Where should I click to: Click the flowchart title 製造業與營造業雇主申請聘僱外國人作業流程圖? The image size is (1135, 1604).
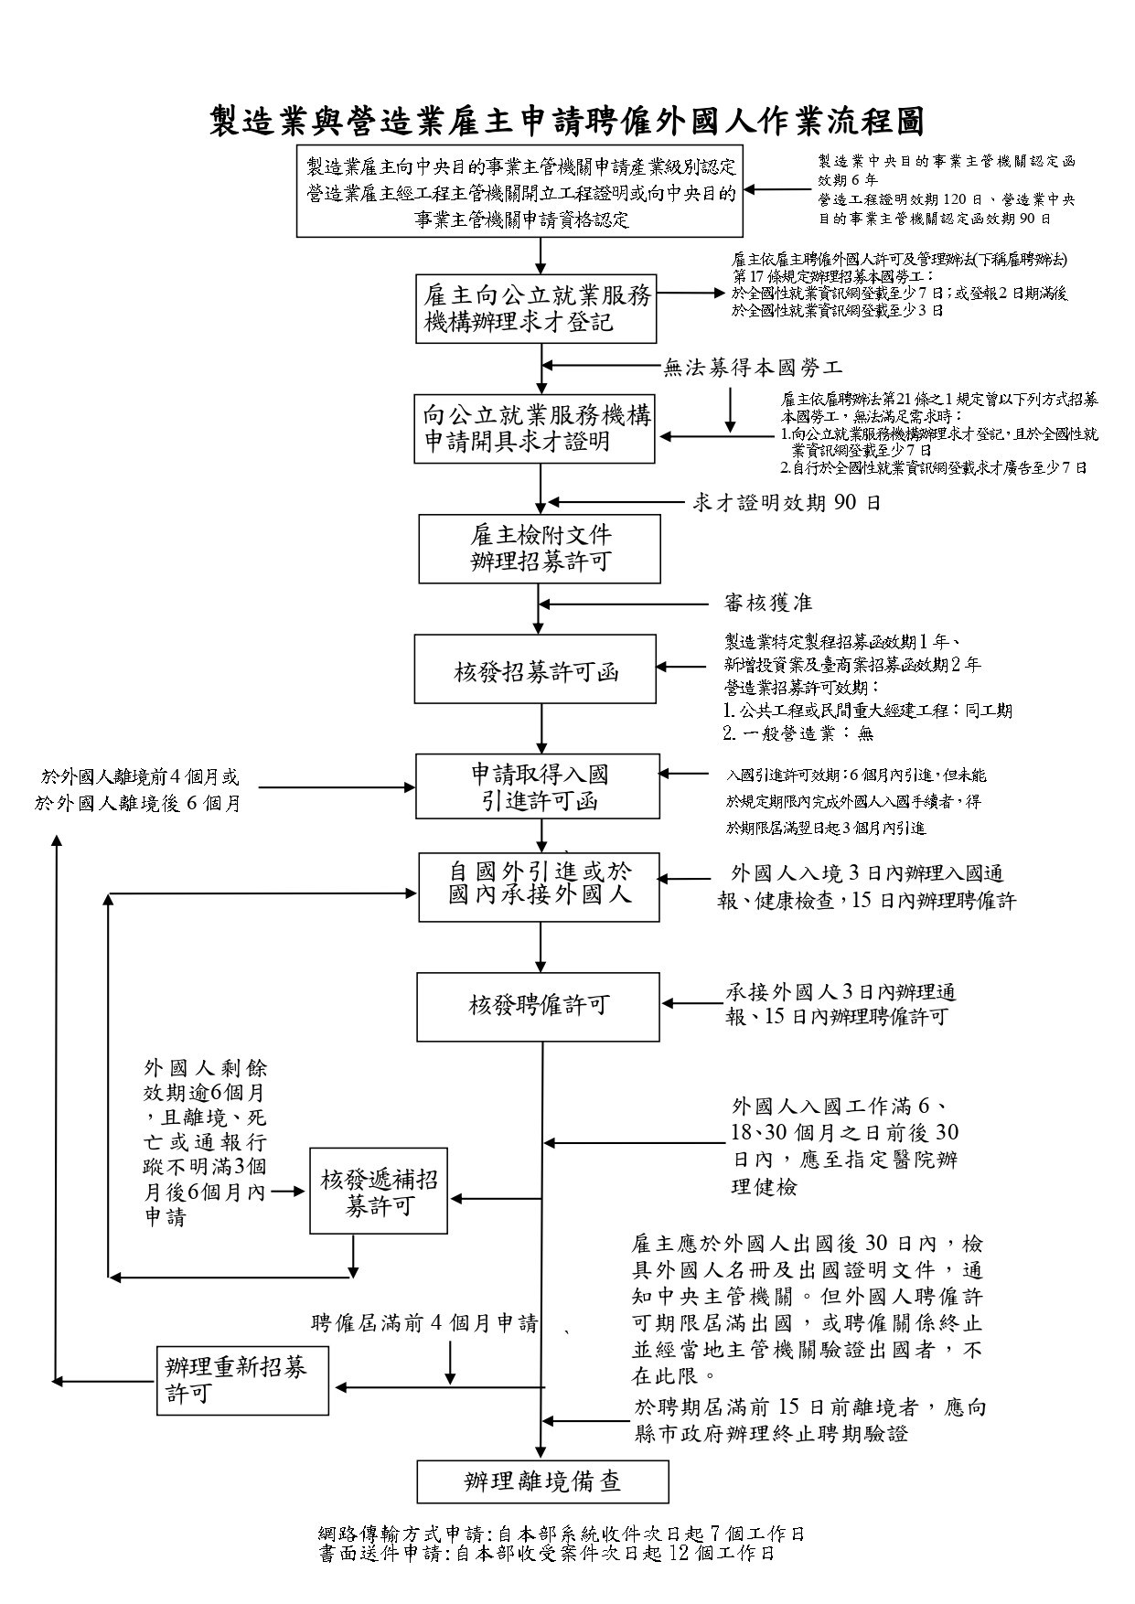pyautogui.click(x=567, y=121)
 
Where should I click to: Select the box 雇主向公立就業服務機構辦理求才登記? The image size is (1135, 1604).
pyautogui.click(x=537, y=309)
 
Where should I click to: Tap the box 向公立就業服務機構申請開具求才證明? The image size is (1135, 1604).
pyautogui.click(x=537, y=428)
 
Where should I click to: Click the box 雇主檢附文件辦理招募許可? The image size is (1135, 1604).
pyautogui.click(x=540, y=549)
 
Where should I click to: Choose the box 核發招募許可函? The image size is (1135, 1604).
pyautogui.click(x=535, y=669)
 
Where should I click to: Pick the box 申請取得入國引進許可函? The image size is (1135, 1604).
pyautogui.click(x=538, y=786)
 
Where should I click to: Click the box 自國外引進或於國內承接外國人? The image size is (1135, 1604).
pyautogui.click(x=540, y=885)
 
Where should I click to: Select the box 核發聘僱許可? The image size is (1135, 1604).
pyautogui.click(x=538, y=1007)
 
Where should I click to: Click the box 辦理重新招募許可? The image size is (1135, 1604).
pyautogui.click(x=242, y=1380)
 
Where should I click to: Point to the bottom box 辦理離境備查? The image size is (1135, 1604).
pyautogui.click(x=542, y=1482)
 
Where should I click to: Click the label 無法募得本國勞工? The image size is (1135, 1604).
pyautogui.click(x=752, y=369)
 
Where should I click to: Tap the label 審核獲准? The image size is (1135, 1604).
pyautogui.click(x=767, y=604)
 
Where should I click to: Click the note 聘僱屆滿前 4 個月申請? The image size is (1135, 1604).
pyautogui.click(x=424, y=1323)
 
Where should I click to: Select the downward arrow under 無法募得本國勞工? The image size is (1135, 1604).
pyautogui.click(x=730, y=409)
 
